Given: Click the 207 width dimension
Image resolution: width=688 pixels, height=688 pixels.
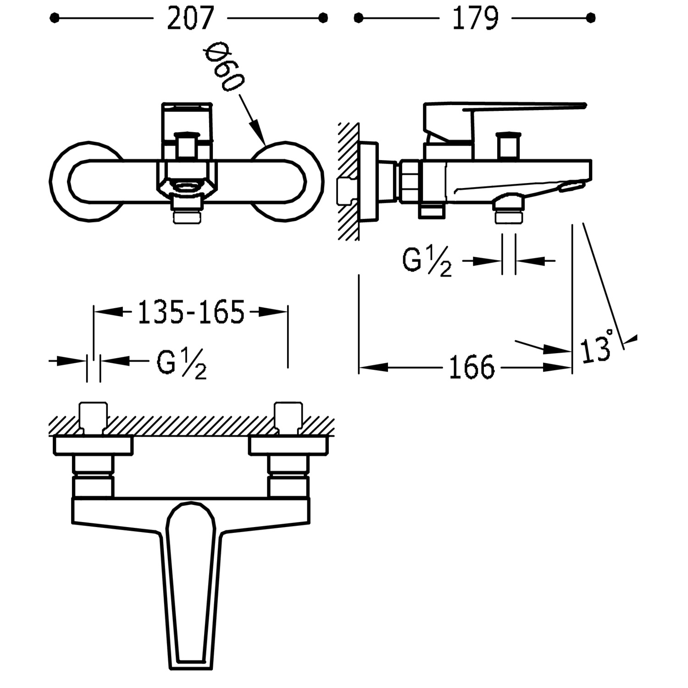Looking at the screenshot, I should [x=190, y=19].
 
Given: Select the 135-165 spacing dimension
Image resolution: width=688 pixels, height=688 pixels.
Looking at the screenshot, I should [x=191, y=312].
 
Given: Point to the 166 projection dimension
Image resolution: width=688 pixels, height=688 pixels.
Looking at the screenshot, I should [x=472, y=367].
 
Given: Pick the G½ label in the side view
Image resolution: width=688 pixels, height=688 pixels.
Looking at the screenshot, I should [x=427, y=262].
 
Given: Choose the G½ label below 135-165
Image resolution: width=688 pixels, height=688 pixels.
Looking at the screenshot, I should [x=182, y=364].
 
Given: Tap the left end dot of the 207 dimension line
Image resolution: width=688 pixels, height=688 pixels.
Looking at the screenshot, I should [x=55, y=18].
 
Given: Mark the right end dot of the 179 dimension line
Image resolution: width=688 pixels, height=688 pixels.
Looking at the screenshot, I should [x=591, y=18].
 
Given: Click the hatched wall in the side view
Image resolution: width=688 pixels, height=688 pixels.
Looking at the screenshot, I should [x=349, y=183].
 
